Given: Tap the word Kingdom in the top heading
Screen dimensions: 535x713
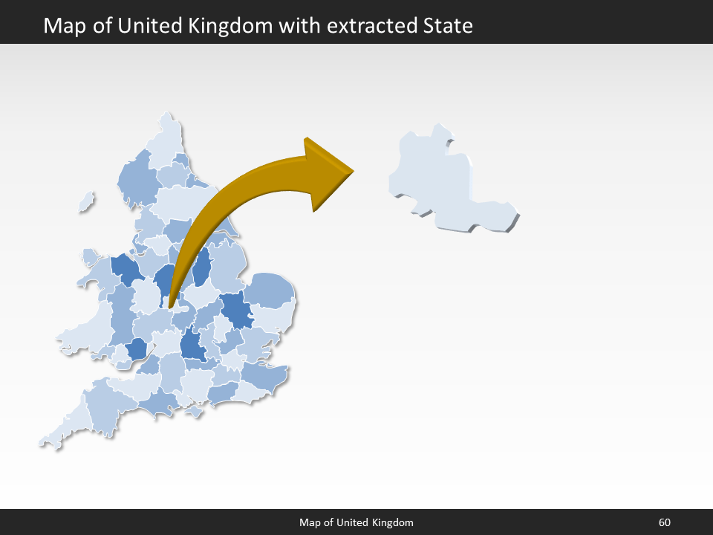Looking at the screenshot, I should point(238,26).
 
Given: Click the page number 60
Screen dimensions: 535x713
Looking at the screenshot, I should point(664,522).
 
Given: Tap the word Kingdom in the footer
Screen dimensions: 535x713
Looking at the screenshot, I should point(389,522).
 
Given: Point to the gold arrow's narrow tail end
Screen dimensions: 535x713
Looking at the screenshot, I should point(171,305).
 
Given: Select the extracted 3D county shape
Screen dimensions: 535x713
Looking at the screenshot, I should point(438,178).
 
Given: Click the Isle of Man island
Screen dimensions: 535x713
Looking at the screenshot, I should point(87,201).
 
